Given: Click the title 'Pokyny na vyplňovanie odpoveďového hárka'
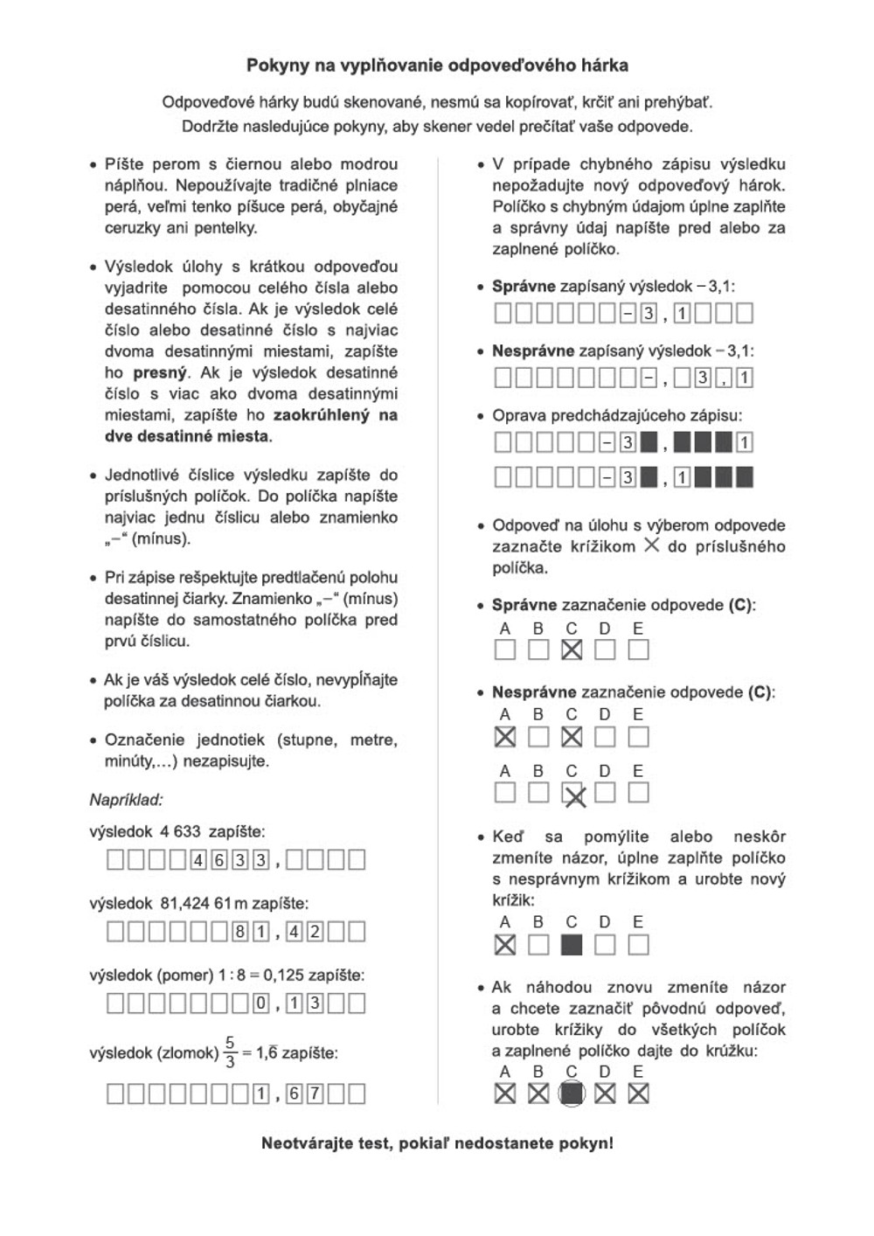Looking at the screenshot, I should click(x=437, y=66).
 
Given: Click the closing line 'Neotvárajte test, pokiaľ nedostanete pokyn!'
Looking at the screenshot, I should click(x=437, y=1143).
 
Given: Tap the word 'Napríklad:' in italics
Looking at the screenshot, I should click(x=126, y=800).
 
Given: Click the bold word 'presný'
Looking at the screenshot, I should click(x=160, y=372).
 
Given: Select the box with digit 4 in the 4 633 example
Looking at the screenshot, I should click(x=198, y=860).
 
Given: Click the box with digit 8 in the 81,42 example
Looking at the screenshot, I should click(x=239, y=932).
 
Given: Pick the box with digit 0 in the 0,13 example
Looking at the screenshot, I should click(x=260, y=1003).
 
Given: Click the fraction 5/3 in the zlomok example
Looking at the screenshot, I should click(x=230, y=1052).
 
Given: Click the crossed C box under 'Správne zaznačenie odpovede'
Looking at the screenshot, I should click(x=572, y=649).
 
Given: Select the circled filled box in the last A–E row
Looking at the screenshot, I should click(x=572, y=1094).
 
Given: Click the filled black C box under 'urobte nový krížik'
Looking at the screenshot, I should click(x=572, y=945).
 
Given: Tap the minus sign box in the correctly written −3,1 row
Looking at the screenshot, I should click(x=628, y=313).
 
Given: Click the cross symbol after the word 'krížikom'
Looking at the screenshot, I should click(x=651, y=546).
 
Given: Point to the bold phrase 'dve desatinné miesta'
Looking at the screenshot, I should click(x=187, y=436).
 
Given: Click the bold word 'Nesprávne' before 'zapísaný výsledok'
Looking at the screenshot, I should click(x=533, y=351).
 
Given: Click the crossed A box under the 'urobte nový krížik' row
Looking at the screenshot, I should click(x=505, y=945).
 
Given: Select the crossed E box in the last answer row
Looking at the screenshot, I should click(x=639, y=1094).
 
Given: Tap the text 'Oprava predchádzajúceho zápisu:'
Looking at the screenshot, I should click(x=617, y=416).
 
